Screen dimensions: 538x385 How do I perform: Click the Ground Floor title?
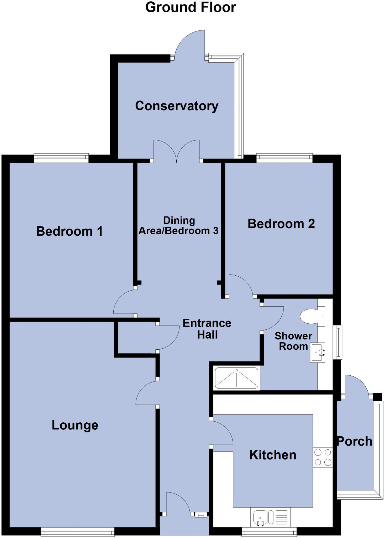tap(191, 7)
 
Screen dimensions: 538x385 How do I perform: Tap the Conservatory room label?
tap(177, 106)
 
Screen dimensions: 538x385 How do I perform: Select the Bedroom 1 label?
tap(69, 231)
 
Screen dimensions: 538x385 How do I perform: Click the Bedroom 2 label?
tap(281, 224)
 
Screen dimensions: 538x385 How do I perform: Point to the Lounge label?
tap(75, 425)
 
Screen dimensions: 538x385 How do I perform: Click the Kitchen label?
tap(273, 455)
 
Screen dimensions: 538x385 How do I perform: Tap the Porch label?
tap(355, 441)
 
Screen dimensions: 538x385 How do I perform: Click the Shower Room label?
tap(293, 341)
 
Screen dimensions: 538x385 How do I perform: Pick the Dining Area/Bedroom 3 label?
tap(179, 225)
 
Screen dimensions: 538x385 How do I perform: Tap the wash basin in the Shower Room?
tap(317, 353)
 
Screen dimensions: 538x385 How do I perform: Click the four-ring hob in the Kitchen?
tap(323, 457)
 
